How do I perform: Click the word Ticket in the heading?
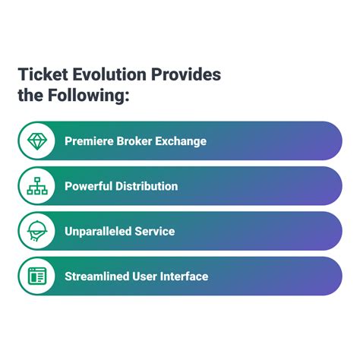pyautogui.click(x=43, y=74)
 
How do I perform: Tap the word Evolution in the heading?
pyautogui.click(x=109, y=74)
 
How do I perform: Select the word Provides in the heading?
pyautogui.click(x=186, y=74)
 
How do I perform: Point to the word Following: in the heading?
pyautogui.click(x=89, y=96)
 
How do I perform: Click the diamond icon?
pyautogui.click(x=37, y=141)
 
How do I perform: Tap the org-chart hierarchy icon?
pyautogui.click(x=37, y=186)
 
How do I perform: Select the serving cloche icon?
pyautogui.click(x=37, y=231)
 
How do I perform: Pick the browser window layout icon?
pyautogui.click(x=37, y=276)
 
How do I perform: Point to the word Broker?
pyautogui.click(x=134, y=141)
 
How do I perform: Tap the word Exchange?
pyautogui.click(x=181, y=141)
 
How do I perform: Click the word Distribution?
pyautogui.click(x=147, y=186)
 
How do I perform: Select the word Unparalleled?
pyautogui.click(x=98, y=232)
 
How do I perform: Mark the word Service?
pyautogui.click(x=155, y=232)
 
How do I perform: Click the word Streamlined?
pyautogui.click(x=97, y=276)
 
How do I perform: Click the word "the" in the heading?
pyautogui.click(x=30, y=95)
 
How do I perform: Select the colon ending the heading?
pyautogui.click(x=127, y=97)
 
